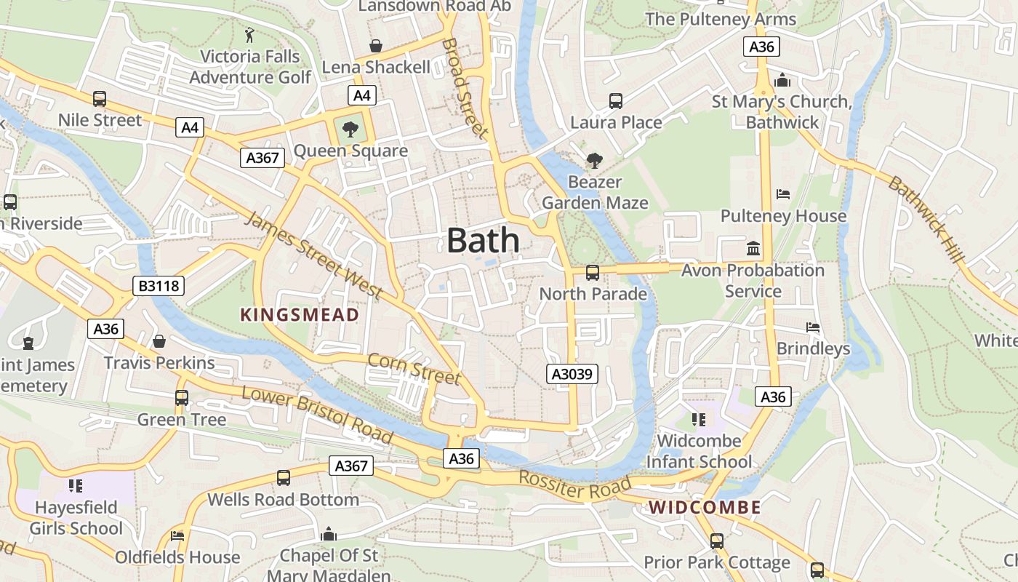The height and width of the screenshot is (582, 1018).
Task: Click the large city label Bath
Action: [483, 240]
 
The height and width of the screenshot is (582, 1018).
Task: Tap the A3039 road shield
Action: [572, 375]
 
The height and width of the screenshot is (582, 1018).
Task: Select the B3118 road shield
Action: [159, 286]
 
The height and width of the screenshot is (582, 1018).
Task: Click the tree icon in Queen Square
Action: [350, 129]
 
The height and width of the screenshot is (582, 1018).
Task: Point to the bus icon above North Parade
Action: [593, 273]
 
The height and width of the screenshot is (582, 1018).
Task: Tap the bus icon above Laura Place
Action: [616, 101]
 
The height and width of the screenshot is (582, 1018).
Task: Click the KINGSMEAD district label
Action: [300, 315]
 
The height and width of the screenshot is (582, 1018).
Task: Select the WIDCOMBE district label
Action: [705, 508]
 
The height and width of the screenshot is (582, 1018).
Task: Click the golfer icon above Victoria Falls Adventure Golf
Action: [250, 34]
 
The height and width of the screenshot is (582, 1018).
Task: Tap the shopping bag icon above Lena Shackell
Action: [376, 46]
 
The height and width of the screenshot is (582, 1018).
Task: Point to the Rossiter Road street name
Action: [575, 485]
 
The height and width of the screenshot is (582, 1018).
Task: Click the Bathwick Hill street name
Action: [926, 220]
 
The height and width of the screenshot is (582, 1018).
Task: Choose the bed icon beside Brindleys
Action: [813, 327]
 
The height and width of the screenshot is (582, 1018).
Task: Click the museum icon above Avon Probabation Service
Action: [753, 249]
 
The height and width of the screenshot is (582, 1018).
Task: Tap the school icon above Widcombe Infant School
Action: [699, 420]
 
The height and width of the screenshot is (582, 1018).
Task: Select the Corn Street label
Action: [414, 369]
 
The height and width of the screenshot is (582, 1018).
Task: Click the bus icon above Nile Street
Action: [100, 99]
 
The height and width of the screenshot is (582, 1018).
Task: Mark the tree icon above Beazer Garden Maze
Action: [595, 160]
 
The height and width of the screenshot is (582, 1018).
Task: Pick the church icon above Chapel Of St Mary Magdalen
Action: [329, 535]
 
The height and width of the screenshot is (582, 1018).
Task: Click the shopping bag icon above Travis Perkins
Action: [159, 341]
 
